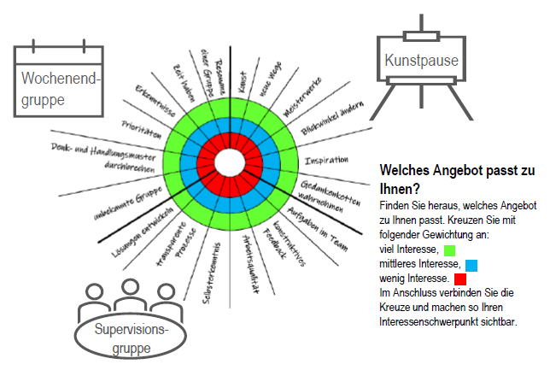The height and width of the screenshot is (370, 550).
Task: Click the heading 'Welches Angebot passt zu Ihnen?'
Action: pos(457,178)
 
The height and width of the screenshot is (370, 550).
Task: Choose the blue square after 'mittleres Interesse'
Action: pos(471,264)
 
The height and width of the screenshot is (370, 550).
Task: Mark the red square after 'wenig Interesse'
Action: pos(460,279)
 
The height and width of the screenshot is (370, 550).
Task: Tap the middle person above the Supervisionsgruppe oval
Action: pos(131,292)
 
